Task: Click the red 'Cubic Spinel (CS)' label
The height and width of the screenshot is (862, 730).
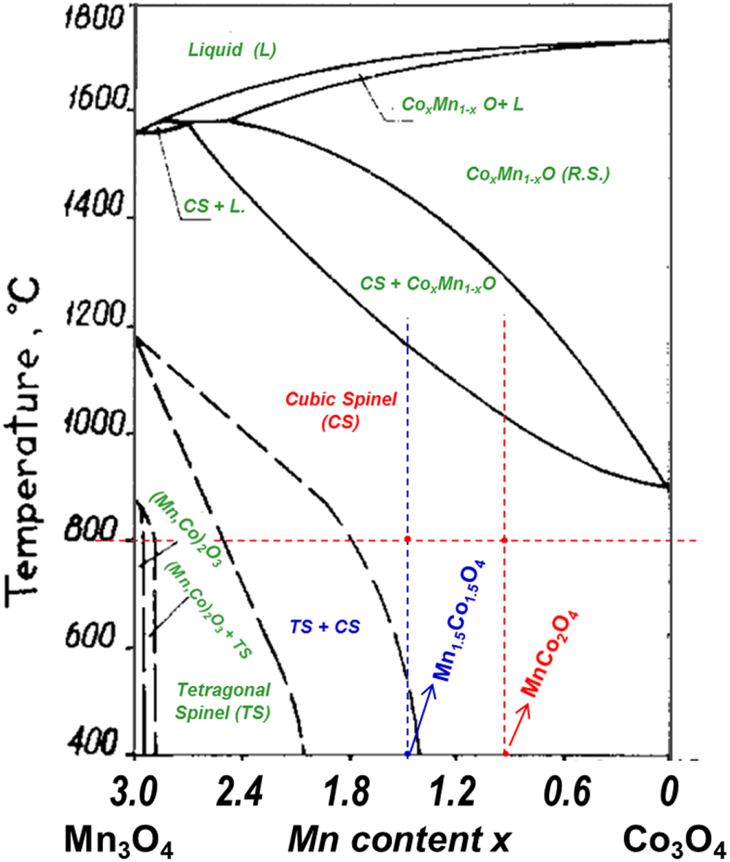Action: click(320, 410)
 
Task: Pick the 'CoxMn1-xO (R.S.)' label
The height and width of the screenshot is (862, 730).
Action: click(537, 175)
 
